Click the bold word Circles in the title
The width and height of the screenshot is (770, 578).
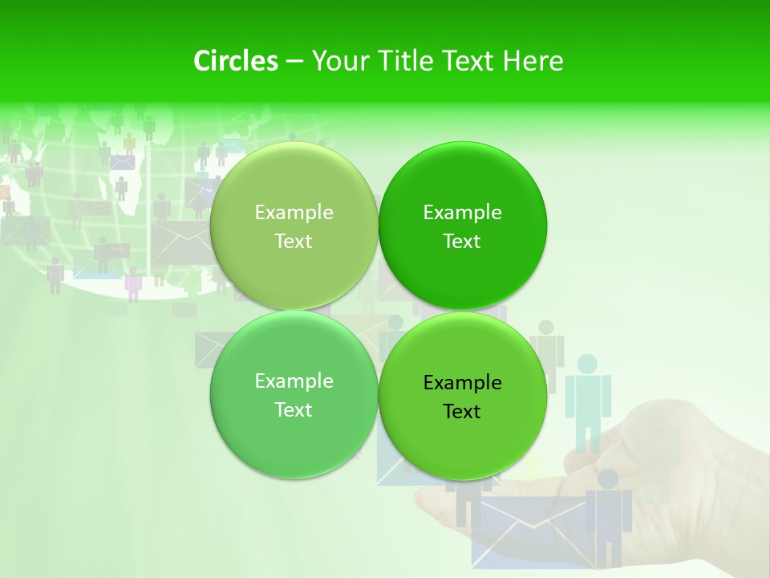click(236, 61)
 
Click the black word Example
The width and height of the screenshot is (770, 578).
click(462, 383)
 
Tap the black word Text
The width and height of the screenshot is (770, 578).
click(462, 412)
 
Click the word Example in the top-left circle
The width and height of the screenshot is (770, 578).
click(294, 213)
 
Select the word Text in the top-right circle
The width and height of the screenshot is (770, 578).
click(462, 242)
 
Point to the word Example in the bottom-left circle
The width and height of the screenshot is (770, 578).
click(294, 381)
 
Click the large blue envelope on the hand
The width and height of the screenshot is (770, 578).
click(529, 530)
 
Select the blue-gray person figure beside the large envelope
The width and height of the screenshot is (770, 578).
click(610, 514)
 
